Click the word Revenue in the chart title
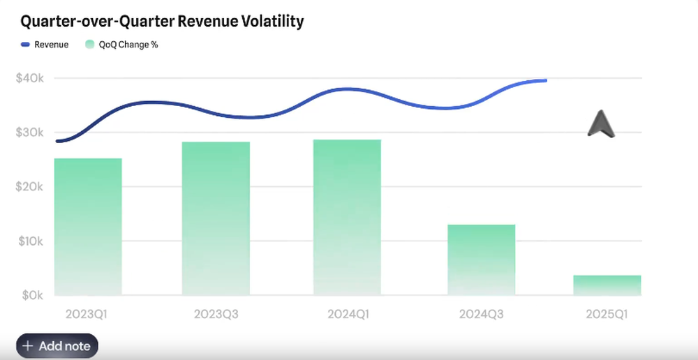click(207, 22)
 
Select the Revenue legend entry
click(45, 45)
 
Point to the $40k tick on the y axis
click(30, 78)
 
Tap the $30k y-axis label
click(30, 133)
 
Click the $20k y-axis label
click(30, 187)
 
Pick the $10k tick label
click(30, 241)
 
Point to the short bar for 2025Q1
click(607, 285)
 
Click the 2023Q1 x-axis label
click(86, 315)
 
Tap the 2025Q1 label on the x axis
click(607, 315)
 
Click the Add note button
click(57, 346)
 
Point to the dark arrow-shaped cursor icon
click(600, 123)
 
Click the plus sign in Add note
click(28, 346)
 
